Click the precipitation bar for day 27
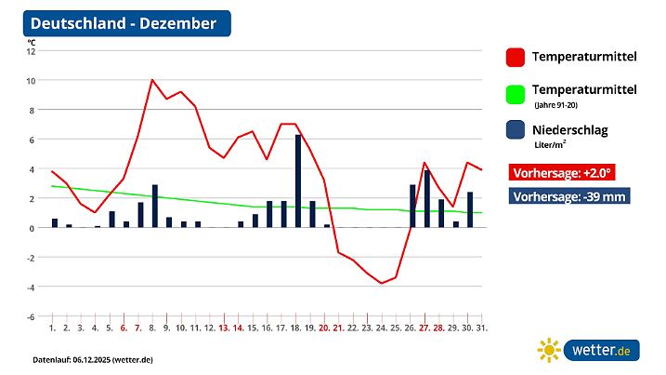(x=426, y=198)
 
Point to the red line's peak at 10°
(x=151, y=80)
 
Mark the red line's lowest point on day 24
(x=382, y=283)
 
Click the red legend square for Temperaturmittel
(x=515, y=58)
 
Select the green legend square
(x=515, y=94)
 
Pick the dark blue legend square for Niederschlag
(x=515, y=131)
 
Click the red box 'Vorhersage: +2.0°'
(x=562, y=173)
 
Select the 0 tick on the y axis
(x=33, y=228)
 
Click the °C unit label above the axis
(x=32, y=41)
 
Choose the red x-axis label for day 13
(x=224, y=328)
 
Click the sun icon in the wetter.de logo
(x=549, y=350)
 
